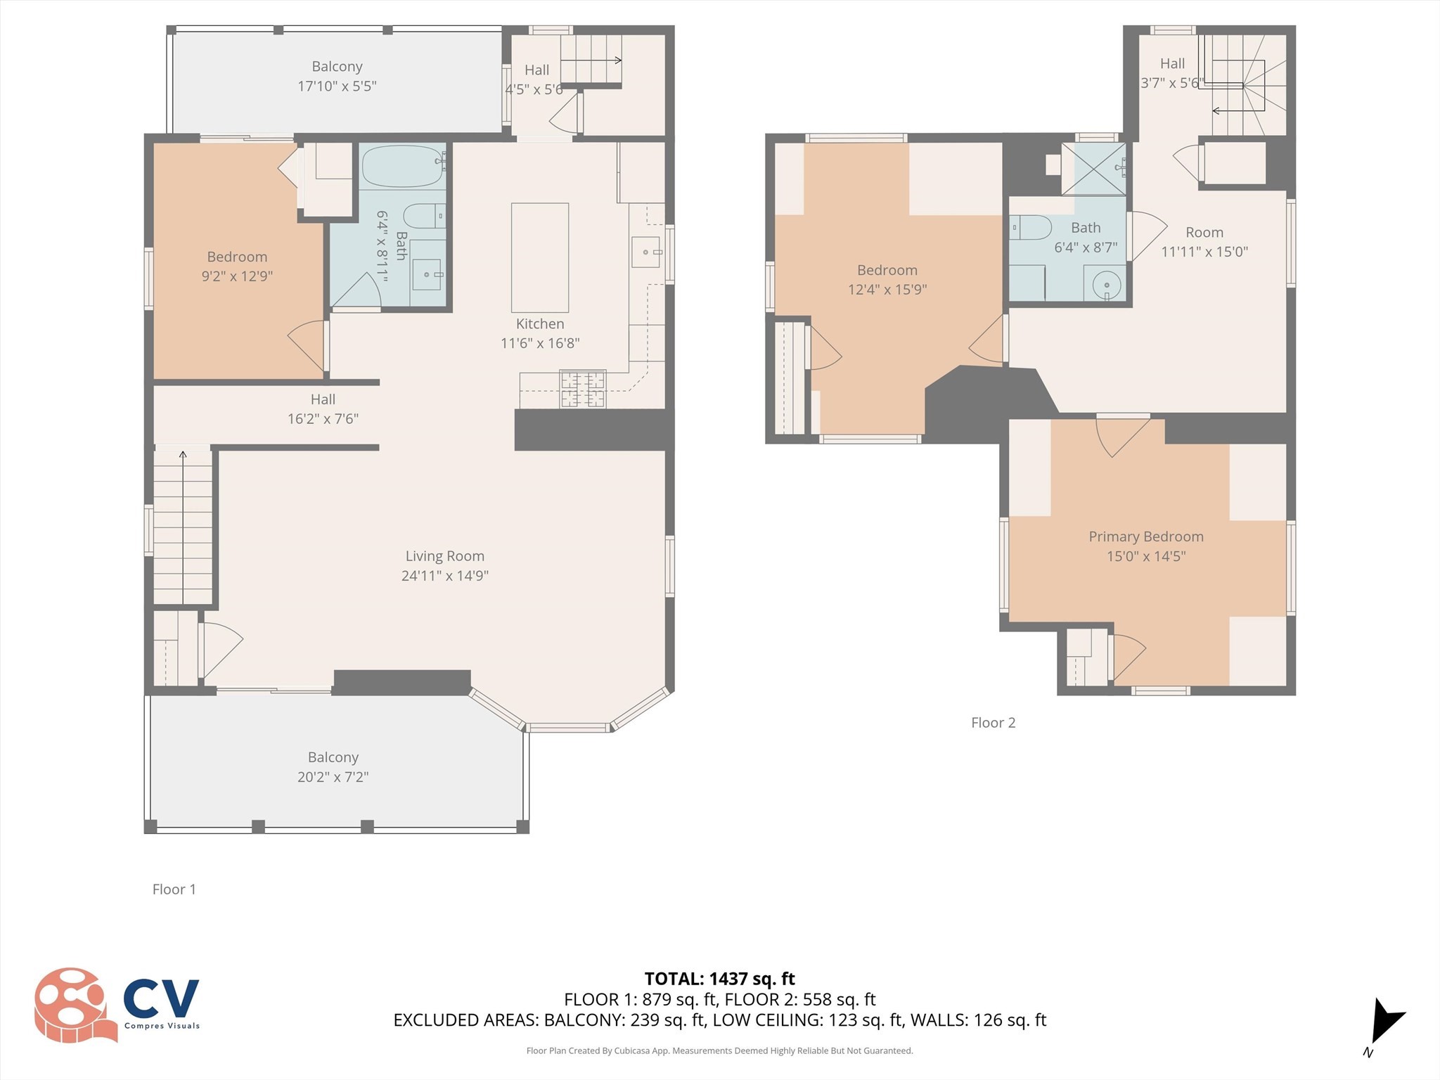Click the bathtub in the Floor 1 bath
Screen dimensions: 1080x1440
tap(401, 166)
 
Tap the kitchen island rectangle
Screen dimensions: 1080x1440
tap(539, 257)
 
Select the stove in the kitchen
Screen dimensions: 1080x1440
tap(582, 389)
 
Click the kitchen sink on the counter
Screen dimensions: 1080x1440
tap(645, 252)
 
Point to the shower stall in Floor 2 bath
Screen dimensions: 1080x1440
tap(1093, 169)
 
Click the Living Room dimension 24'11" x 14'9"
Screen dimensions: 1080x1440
tap(444, 575)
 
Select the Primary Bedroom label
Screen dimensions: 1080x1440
tap(1145, 536)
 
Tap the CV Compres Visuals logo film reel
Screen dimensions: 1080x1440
tap(74, 1004)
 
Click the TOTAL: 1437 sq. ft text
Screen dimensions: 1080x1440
tap(719, 979)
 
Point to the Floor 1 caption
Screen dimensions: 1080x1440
tap(174, 889)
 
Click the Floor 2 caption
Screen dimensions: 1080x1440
tap(993, 722)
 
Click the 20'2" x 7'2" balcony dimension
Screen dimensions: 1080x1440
tap(333, 776)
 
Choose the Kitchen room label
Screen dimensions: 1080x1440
tap(539, 323)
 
